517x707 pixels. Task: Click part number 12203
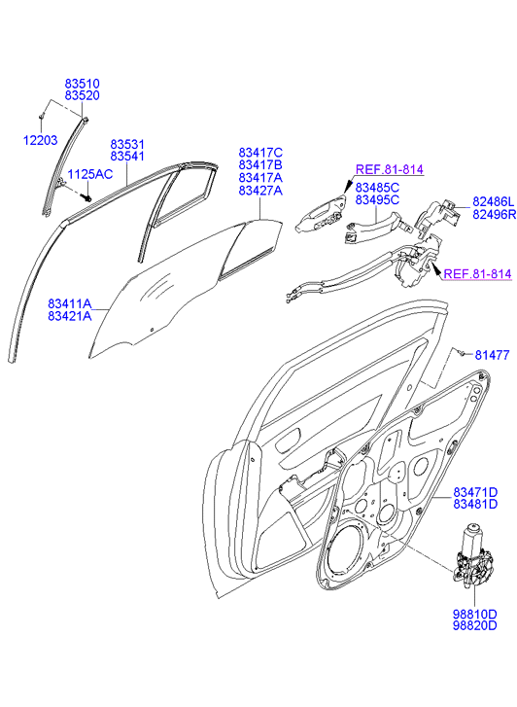[x=41, y=140]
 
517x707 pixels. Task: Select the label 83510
[x=82, y=84]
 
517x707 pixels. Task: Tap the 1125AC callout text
[x=90, y=174]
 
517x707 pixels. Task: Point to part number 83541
[x=127, y=157]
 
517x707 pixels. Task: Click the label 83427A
[x=260, y=191]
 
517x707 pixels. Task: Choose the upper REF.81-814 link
[x=390, y=169]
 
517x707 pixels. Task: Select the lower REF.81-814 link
[x=478, y=273]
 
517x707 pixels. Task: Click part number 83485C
[x=377, y=188]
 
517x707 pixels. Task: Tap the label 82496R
[x=494, y=215]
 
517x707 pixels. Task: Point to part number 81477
[x=492, y=355]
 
